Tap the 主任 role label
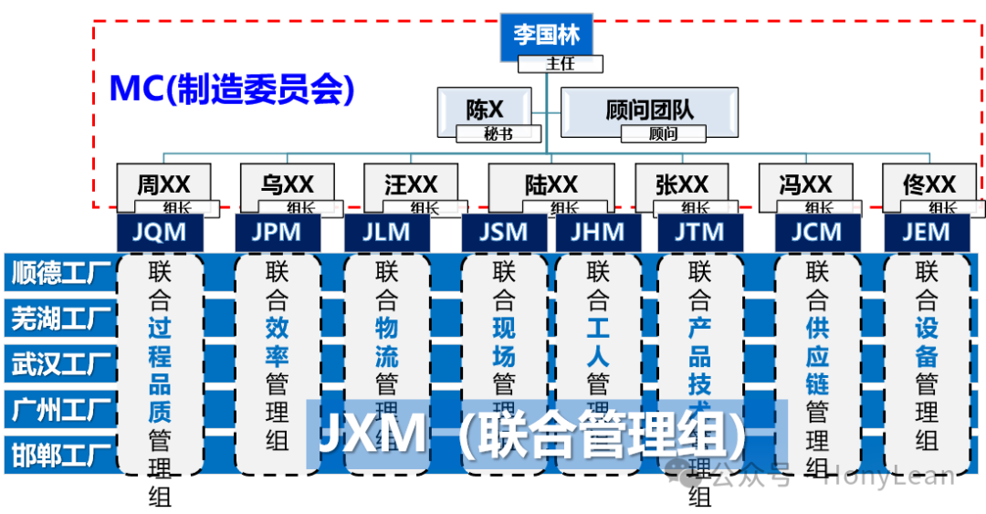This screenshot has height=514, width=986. click(x=561, y=64)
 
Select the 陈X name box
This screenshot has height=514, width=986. click(x=485, y=110)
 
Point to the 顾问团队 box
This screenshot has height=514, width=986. click(x=649, y=110)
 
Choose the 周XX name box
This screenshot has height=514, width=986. click(x=163, y=184)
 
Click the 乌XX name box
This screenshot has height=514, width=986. click(x=287, y=184)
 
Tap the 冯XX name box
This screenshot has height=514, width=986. click(x=805, y=184)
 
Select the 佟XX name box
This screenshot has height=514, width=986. click(x=928, y=184)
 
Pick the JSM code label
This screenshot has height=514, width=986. click(x=504, y=232)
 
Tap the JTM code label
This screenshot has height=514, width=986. click(x=699, y=232)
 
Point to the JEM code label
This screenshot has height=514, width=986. click(x=926, y=232)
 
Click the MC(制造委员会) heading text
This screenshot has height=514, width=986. click(x=231, y=89)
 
